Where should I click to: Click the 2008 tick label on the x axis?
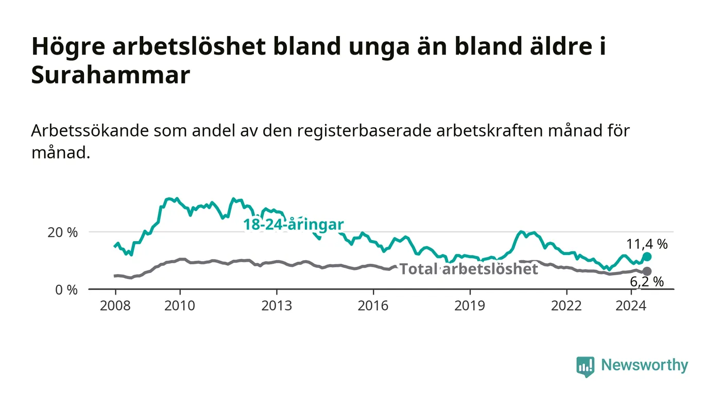115,305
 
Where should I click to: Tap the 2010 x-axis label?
180,305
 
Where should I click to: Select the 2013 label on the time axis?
277,305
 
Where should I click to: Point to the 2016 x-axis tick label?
373,305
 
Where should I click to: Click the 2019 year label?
470,305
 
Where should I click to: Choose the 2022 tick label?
566,305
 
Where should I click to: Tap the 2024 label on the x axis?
631,305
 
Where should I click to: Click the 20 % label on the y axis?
62,232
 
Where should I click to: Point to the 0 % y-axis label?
66,290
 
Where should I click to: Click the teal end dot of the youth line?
647,257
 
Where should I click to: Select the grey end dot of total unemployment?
647,271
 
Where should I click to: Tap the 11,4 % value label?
647,244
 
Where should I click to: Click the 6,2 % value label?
647,282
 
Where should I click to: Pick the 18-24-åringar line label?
294,225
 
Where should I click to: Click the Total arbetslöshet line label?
469,269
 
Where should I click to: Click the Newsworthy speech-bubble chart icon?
585,367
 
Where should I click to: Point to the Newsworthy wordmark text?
645,365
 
